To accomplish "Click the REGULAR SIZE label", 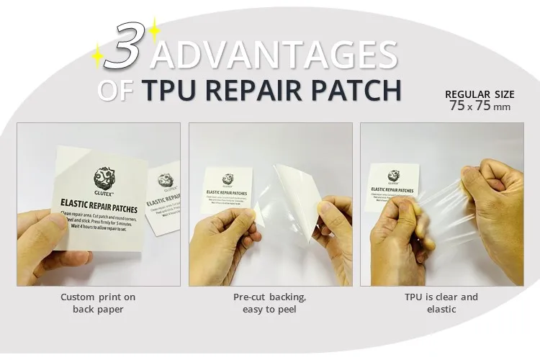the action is point(480,94).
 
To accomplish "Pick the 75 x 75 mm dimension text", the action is point(479,107).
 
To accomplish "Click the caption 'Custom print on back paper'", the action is point(98,303).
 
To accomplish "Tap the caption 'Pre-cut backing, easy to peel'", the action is point(270,303).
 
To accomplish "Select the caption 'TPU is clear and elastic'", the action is point(441,303).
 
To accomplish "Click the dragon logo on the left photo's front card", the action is point(102,177).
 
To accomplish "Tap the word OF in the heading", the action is point(115,91).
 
